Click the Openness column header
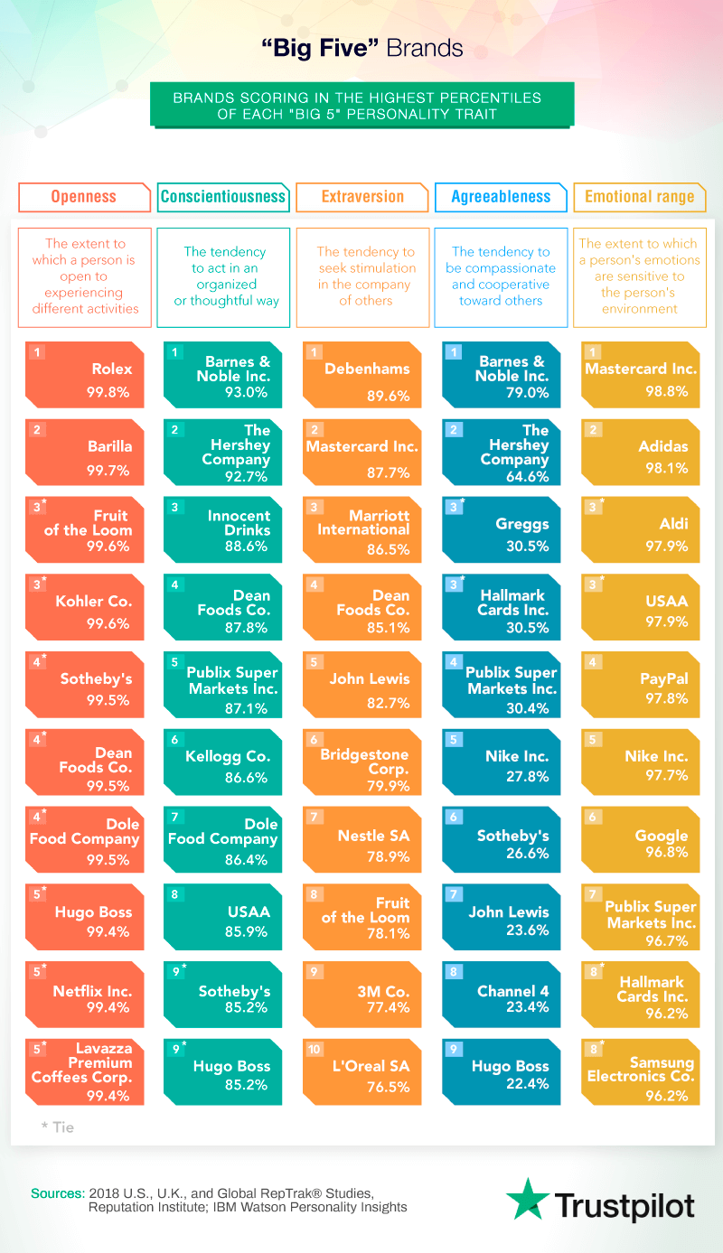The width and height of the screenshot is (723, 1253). click(x=84, y=197)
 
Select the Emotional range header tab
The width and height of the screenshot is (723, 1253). click(x=639, y=197)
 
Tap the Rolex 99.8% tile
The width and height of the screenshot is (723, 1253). click(x=85, y=374)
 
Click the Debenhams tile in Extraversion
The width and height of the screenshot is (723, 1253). click(x=362, y=374)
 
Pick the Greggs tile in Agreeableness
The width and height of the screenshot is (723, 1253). click(x=501, y=529)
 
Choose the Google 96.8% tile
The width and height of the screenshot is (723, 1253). click(x=639, y=840)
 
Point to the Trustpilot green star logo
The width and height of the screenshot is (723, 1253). click(x=526, y=1199)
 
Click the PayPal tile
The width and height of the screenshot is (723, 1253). click(x=639, y=685)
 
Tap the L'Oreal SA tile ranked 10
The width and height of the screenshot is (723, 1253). click(x=362, y=1072)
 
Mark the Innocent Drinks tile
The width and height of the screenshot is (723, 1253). click(x=223, y=529)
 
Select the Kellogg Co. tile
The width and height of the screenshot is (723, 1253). click(x=223, y=762)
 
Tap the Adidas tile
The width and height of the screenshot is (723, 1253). click(x=639, y=452)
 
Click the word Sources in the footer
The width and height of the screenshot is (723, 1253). click(x=58, y=1192)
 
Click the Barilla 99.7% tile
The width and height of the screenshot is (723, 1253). click(x=85, y=452)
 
